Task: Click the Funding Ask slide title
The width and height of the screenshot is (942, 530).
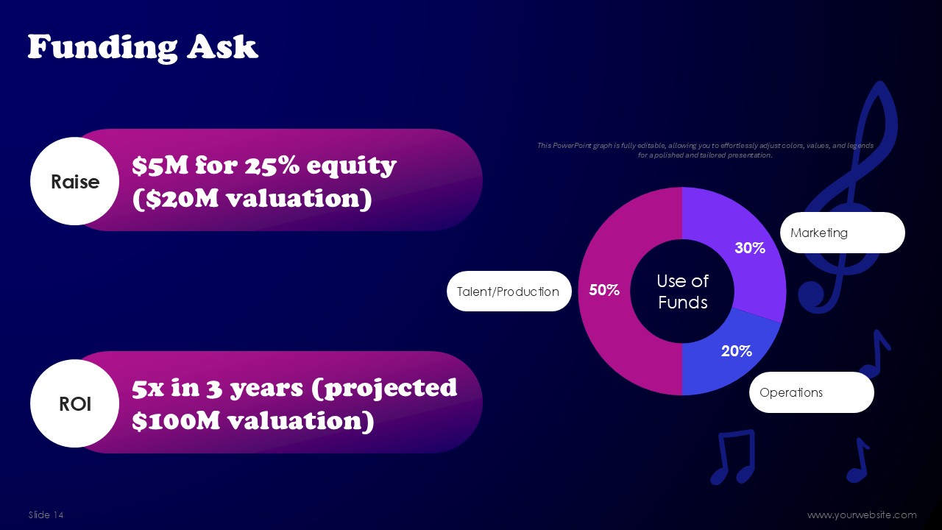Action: pyautogui.click(x=143, y=46)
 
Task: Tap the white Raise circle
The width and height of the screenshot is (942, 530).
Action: pyautogui.click(x=75, y=181)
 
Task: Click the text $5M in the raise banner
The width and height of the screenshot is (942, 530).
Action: pyautogui.click(x=160, y=166)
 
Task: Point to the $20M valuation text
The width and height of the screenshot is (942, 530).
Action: pyautogui.click(x=252, y=198)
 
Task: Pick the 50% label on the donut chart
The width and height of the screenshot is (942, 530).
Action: pyautogui.click(x=604, y=290)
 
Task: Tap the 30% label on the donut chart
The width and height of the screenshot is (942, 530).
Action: pyautogui.click(x=750, y=248)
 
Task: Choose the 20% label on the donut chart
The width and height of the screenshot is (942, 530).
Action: pyautogui.click(x=737, y=351)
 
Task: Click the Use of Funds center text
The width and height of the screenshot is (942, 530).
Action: pyautogui.click(x=682, y=291)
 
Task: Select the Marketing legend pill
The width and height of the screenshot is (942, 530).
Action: pyautogui.click(x=843, y=233)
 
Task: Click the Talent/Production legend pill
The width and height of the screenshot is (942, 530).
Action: pyautogui.click(x=509, y=291)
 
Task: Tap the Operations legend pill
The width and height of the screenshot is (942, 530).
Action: pyautogui.click(x=811, y=392)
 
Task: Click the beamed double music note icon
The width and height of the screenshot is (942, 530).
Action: pyautogui.click(x=734, y=456)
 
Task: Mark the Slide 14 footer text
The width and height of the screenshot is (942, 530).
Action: pyautogui.click(x=46, y=515)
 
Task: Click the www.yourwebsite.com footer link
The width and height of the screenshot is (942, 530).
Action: pyautogui.click(x=862, y=515)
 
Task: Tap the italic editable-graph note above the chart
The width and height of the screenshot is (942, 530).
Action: pyautogui.click(x=705, y=150)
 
